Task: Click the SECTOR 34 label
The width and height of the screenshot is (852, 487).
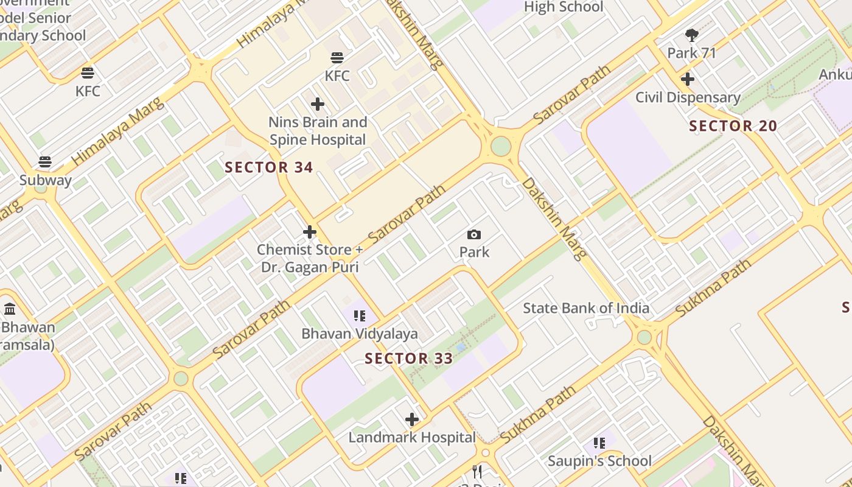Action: tap(269, 167)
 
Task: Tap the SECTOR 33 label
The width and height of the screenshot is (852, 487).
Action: tap(409, 358)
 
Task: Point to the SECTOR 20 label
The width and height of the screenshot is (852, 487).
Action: tap(733, 126)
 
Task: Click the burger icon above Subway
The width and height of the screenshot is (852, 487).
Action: tap(45, 162)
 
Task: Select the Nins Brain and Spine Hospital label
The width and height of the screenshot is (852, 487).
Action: tap(318, 131)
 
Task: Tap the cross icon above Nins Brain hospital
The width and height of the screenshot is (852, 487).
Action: tap(317, 104)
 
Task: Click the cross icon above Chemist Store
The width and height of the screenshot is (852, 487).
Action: tap(310, 232)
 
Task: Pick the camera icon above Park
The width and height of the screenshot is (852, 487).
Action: tap(474, 234)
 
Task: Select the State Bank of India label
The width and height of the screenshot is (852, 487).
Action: tap(586, 308)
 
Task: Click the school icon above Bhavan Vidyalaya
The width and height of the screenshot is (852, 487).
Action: tap(360, 315)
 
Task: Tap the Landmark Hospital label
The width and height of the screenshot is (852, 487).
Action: tap(412, 437)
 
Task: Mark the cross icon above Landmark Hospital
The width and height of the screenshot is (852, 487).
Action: tap(412, 419)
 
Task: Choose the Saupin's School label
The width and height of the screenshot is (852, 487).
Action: tap(599, 461)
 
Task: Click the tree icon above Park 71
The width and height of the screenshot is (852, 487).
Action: tap(691, 35)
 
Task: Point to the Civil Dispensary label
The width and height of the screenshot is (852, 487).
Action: tap(688, 97)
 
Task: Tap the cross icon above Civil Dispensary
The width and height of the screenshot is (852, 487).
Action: tap(688, 79)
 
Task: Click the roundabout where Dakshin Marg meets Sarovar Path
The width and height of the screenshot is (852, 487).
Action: tap(500, 146)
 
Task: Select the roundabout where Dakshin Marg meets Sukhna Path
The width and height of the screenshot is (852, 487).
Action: tap(644, 337)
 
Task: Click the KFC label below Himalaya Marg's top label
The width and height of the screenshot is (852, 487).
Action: tap(337, 75)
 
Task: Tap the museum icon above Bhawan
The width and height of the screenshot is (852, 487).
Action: tap(9, 309)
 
